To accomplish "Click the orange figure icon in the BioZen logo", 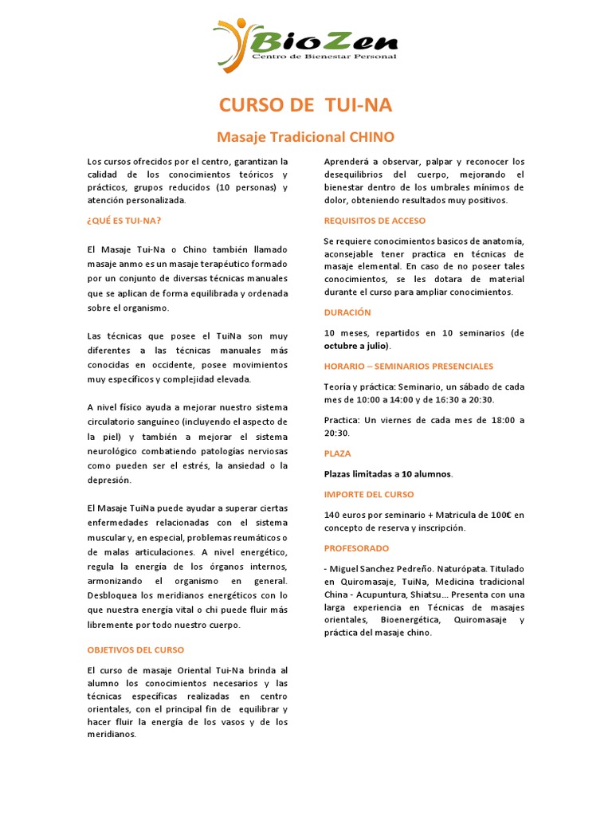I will point(231,44).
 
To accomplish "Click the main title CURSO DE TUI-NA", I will point(305,106).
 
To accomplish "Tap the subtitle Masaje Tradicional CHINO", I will point(306,137).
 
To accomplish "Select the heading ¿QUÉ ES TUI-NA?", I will point(124,220).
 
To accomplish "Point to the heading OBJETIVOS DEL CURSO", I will point(135,649).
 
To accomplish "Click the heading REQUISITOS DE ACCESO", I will point(375,220).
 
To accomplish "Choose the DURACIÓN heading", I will point(347,312).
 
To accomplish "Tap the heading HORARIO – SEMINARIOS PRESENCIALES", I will point(409,366).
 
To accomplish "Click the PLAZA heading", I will point(337,453).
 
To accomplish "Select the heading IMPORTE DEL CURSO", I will point(369,494).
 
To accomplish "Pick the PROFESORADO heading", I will point(357,548).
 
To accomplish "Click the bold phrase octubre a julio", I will point(356,346).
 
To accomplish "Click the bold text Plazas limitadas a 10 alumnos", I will point(388,474).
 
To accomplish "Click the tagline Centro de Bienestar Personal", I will point(324,57).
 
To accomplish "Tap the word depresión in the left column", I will point(109,481).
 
